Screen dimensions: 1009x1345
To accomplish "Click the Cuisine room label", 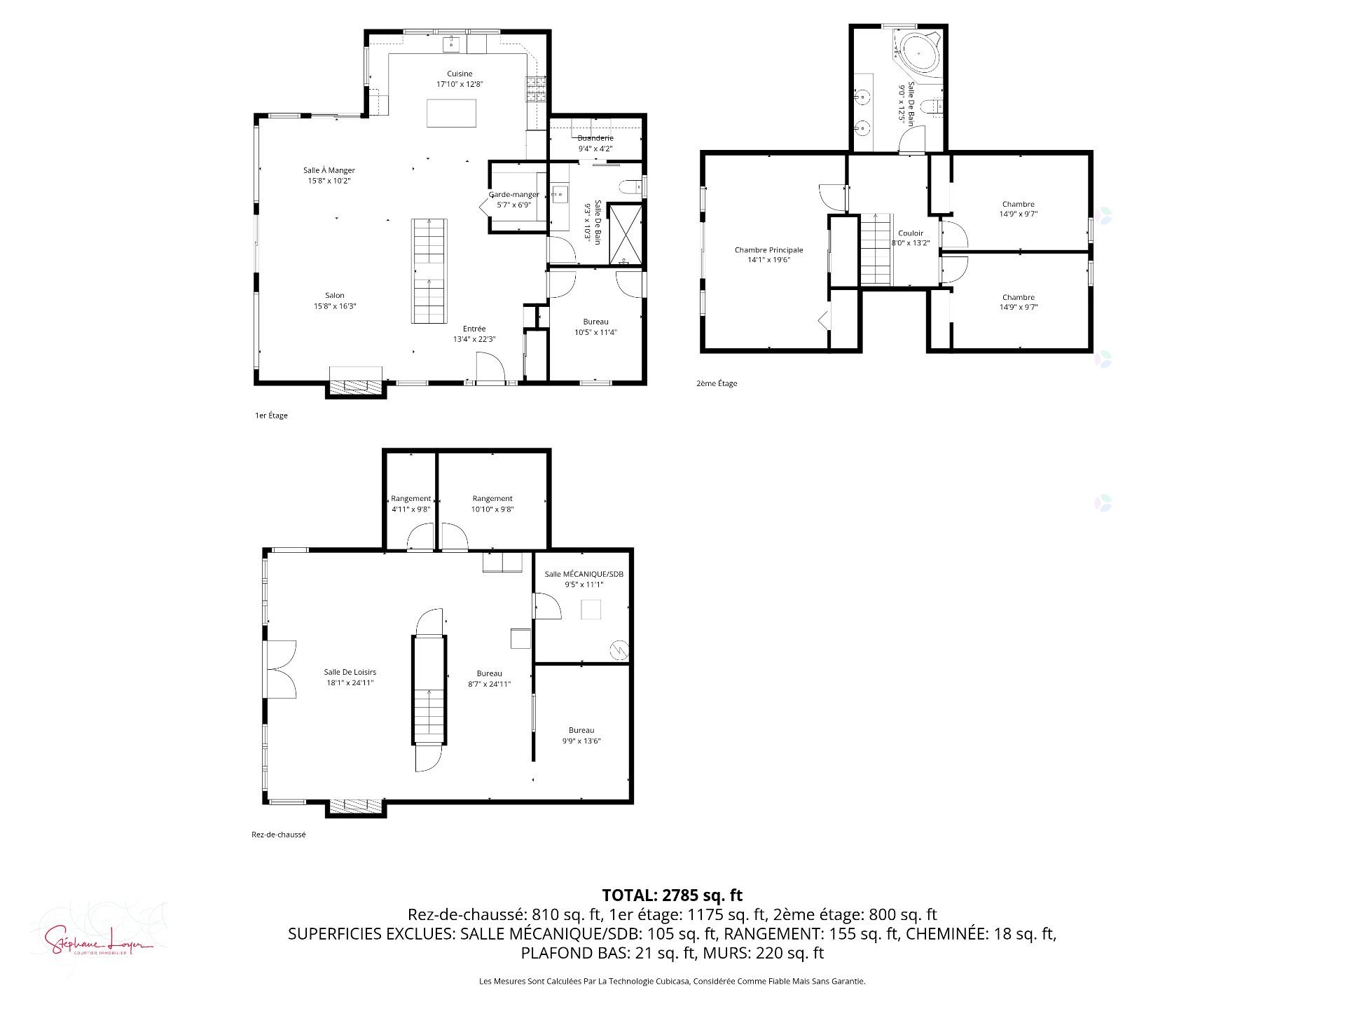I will pos(460,74).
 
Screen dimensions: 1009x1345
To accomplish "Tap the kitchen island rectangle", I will pos(452,113).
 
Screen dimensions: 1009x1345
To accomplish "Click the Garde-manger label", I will pos(513,195).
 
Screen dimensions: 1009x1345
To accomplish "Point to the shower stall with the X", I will pos(626,234).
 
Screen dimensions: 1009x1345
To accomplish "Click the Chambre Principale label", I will pos(768,250).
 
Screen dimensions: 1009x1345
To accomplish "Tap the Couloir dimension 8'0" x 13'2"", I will pos(910,243).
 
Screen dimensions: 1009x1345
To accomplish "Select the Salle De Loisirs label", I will pos(350,672).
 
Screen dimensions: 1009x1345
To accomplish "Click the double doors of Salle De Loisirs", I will pos(280,669).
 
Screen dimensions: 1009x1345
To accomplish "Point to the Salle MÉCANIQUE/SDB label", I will pos(584,574).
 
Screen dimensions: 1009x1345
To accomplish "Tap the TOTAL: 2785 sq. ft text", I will pos(672,895).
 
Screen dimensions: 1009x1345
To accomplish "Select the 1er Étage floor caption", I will pos(271,416).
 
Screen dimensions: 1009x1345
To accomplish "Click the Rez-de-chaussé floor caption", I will pos(278,835).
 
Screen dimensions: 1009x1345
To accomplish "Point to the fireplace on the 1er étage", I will pos(356,385).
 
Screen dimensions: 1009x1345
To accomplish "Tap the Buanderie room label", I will pos(595,138).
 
